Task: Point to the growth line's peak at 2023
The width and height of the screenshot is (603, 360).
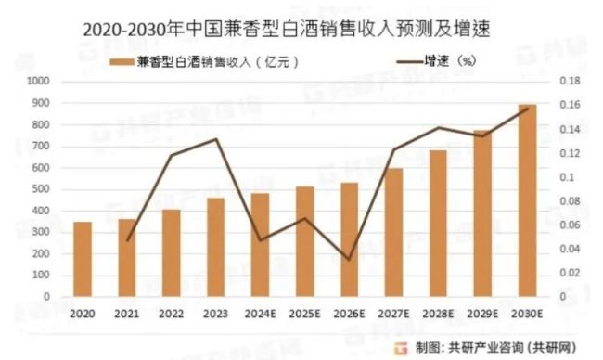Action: (215, 139)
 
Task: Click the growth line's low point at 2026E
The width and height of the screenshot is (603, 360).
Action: (349, 260)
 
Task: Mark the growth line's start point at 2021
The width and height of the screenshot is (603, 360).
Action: (127, 240)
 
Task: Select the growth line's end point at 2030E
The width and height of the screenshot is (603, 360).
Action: (527, 109)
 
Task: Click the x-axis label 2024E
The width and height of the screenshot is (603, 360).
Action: (260, 315)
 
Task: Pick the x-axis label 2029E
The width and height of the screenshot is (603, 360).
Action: (482, 315)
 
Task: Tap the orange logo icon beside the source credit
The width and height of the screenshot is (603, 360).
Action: (400, 347)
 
